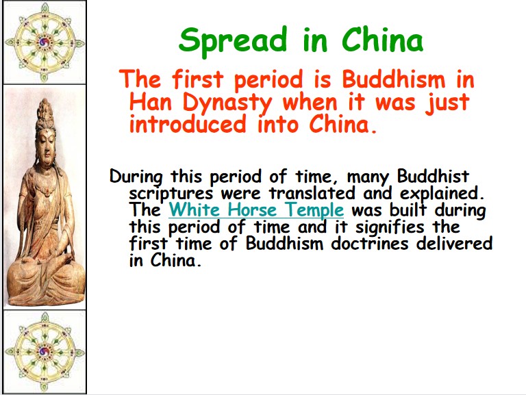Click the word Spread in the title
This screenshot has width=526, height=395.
(x=233, y=42)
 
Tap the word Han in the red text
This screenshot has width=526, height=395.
(x=150, y=102)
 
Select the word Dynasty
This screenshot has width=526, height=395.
(x=227, y=103)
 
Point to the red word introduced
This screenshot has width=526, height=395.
(x=188, y=124)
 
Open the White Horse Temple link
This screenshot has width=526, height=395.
(x=256, y=210)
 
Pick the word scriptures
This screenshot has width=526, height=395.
(x=171, y=194)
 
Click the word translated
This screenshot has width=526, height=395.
(x=312, y=193)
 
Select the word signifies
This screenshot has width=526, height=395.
(x=390, y=227)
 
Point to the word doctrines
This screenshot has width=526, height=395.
(x=370, y=244)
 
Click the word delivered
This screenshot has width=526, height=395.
(x=454, y=244)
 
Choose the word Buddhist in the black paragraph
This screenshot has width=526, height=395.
(x=433, y=176)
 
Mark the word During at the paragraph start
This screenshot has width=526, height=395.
(x=136, y=177)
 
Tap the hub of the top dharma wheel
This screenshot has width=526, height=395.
(x=45, y=42)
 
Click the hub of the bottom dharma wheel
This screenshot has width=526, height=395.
(x=45, y=352)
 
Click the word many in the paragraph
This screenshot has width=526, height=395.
(x=368, y=177)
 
